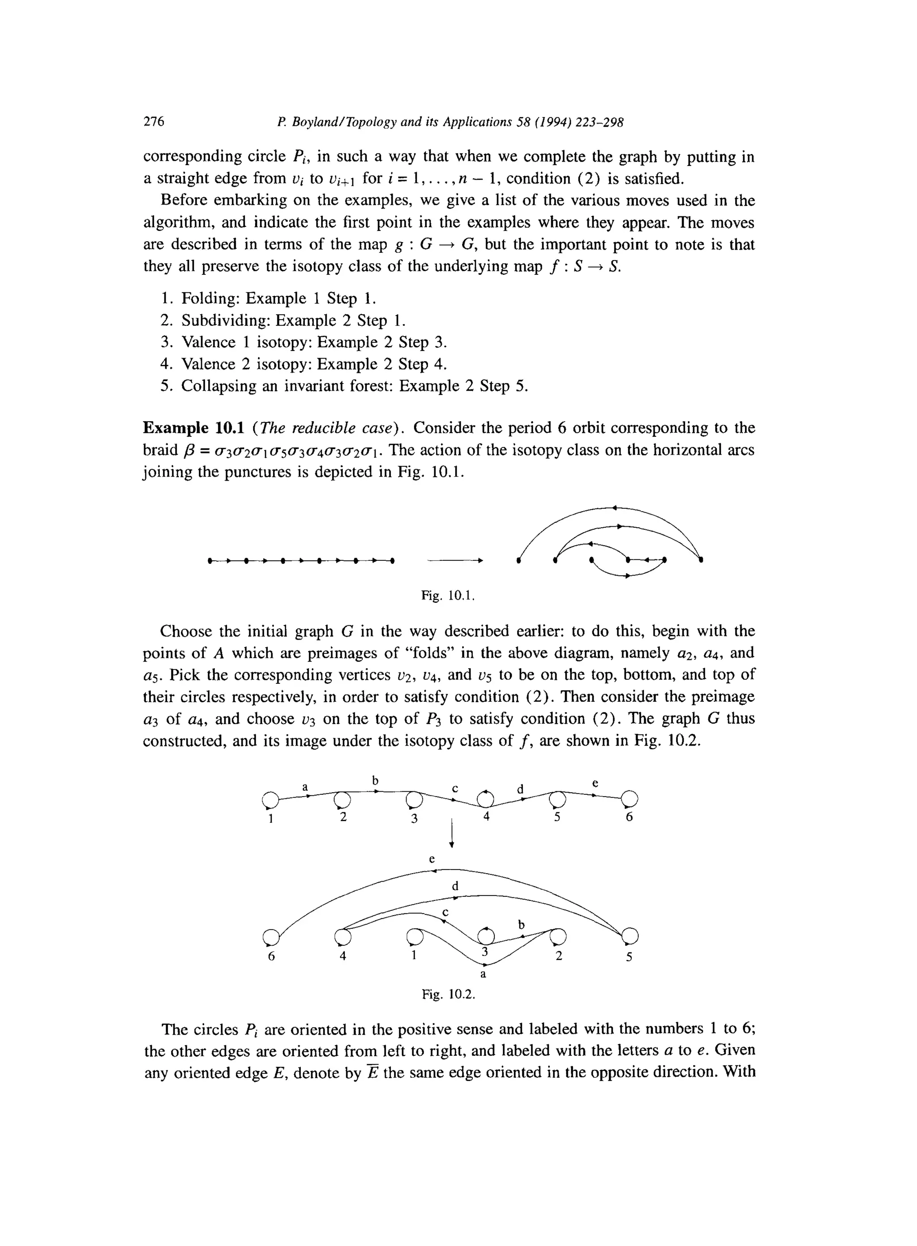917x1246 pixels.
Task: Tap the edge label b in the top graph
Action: click(375, 781)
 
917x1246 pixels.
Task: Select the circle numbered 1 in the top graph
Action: click(269, 800)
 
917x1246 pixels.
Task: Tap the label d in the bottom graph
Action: click(455, 885)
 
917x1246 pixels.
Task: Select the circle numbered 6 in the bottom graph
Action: click(270, 937)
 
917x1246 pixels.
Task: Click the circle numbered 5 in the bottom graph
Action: click(630, 937)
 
